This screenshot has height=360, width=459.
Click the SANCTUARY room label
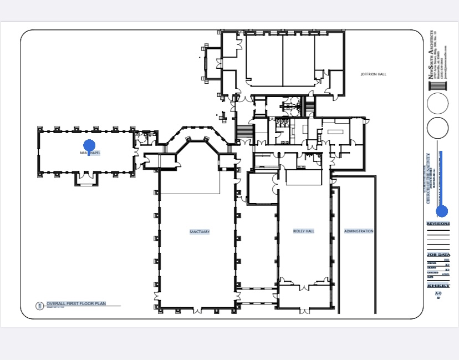point(200,232)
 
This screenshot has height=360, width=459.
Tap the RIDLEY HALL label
point(304,231)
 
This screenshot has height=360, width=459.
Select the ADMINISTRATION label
point(359,231)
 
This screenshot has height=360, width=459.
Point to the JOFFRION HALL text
point(373,74)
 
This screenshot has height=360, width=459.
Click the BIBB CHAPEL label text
point(90,153)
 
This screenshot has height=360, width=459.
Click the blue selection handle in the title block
point(442,211)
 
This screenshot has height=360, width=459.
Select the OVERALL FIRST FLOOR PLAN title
point(83,304)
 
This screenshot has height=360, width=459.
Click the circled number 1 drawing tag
point(39,306)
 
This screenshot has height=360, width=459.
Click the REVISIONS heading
point(438,224)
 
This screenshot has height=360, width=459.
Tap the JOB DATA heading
point(438,255)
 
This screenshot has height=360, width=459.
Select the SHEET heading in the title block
point(438,286)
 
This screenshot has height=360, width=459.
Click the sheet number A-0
point(438,293)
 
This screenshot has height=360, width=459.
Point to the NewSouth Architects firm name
point(431,55)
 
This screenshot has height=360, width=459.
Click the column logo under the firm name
point(438,87)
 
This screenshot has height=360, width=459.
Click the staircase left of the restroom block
point(244,132)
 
